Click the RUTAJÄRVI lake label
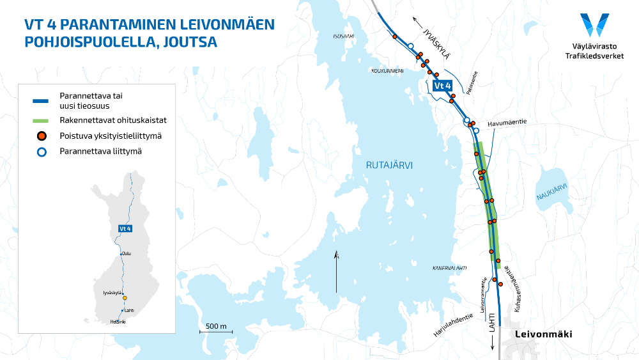pos(389,165)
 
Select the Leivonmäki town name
pos(544,334)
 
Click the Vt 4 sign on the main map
pos(442,86)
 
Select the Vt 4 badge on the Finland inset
pos(125,228)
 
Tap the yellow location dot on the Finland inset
pos(125,298)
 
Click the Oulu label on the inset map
pos(127,253)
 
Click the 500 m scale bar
pos(216,329)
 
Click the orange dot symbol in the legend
pos(41,136)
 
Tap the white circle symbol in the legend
pos(41,152)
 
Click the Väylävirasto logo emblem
pos(594,25)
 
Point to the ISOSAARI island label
pos(343,36)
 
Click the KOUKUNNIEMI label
pos(387,71)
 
